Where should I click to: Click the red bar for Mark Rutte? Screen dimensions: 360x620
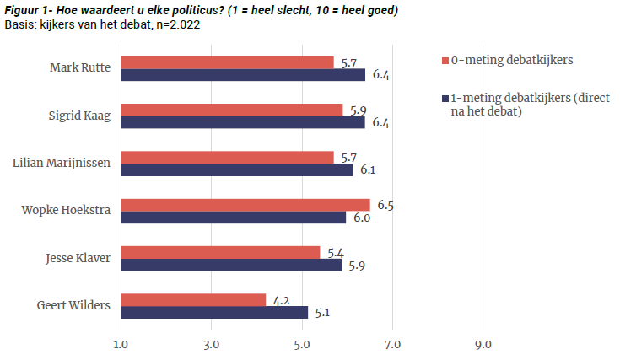(x=228, y=62)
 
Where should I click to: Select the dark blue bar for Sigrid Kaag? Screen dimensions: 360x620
(x=243, y=122)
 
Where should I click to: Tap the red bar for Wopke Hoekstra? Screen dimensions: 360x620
(x=245, y=205)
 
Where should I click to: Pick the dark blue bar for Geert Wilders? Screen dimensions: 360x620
(x=214, y=312)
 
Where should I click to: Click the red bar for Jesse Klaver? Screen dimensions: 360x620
(x=221, y=252)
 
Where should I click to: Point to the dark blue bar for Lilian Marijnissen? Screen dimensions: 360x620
(x=237, y=169)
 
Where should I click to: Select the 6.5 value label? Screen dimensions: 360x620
(x=386, y=204)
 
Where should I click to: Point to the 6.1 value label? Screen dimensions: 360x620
(x=369, y=170)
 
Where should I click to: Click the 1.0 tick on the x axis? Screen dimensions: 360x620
(x=121, y=344)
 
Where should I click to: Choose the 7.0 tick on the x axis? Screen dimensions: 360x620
(x=392, y=344)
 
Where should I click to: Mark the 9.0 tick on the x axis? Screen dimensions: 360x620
(x=483, y=344)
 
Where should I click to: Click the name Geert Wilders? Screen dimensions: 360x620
(x=74, y=305)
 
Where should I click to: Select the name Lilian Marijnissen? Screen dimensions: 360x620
(x=61, y=163)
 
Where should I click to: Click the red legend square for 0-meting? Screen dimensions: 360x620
(x=445, y=62)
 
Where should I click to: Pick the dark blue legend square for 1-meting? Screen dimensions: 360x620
(x=445, y=99)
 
